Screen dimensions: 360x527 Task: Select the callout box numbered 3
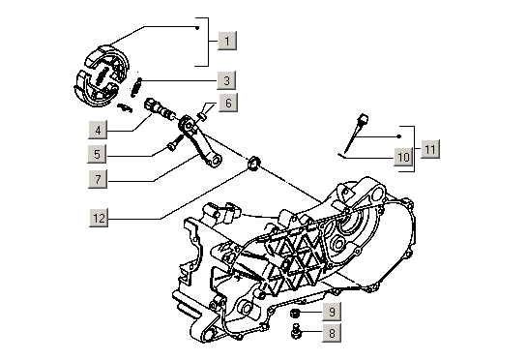[x=225, y=80]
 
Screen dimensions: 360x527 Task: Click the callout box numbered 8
[x=331, y=334]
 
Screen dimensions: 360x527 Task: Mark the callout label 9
[x=331, y=312]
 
